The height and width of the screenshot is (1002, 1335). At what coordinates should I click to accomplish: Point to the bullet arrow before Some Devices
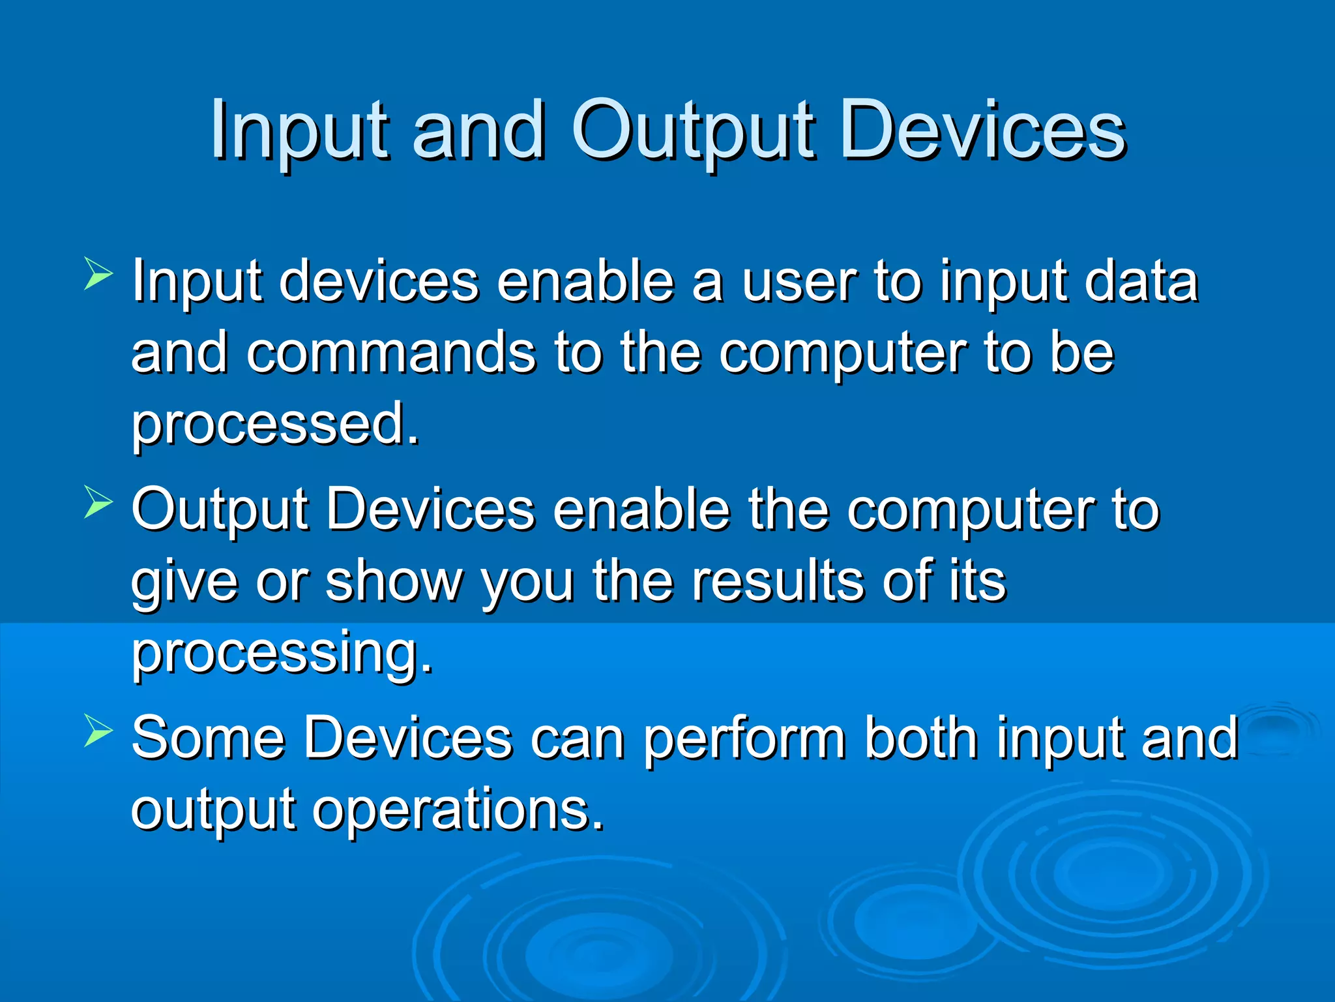click(98, 730)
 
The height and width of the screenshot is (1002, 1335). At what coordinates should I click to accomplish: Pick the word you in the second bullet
click(528, 582)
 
